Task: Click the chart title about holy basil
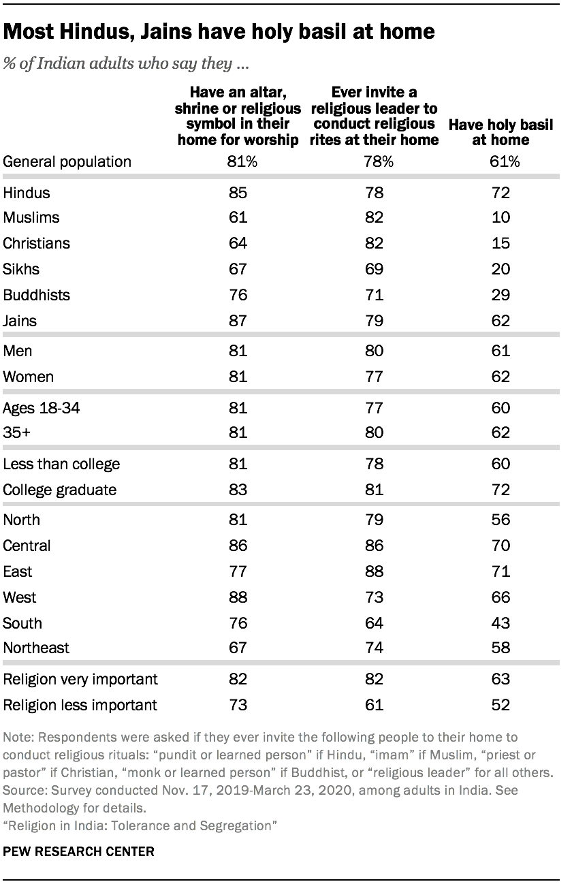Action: click(x=219, y=31)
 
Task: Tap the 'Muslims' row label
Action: click(x=31, y=218)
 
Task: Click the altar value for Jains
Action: click(x=238, y=321)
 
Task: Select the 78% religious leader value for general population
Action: click(x=374, y=162)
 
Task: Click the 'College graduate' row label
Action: click(x=60, y=490)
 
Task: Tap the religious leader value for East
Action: click(x=374, y=572)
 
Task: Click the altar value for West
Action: click(x=238, y=598)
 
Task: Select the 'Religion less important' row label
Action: click(x=80, y=705)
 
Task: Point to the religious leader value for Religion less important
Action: click(x=374, y=705)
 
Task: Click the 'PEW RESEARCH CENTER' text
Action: click(x=79, y=851)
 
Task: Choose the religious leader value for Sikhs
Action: click(x=374, y=270)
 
